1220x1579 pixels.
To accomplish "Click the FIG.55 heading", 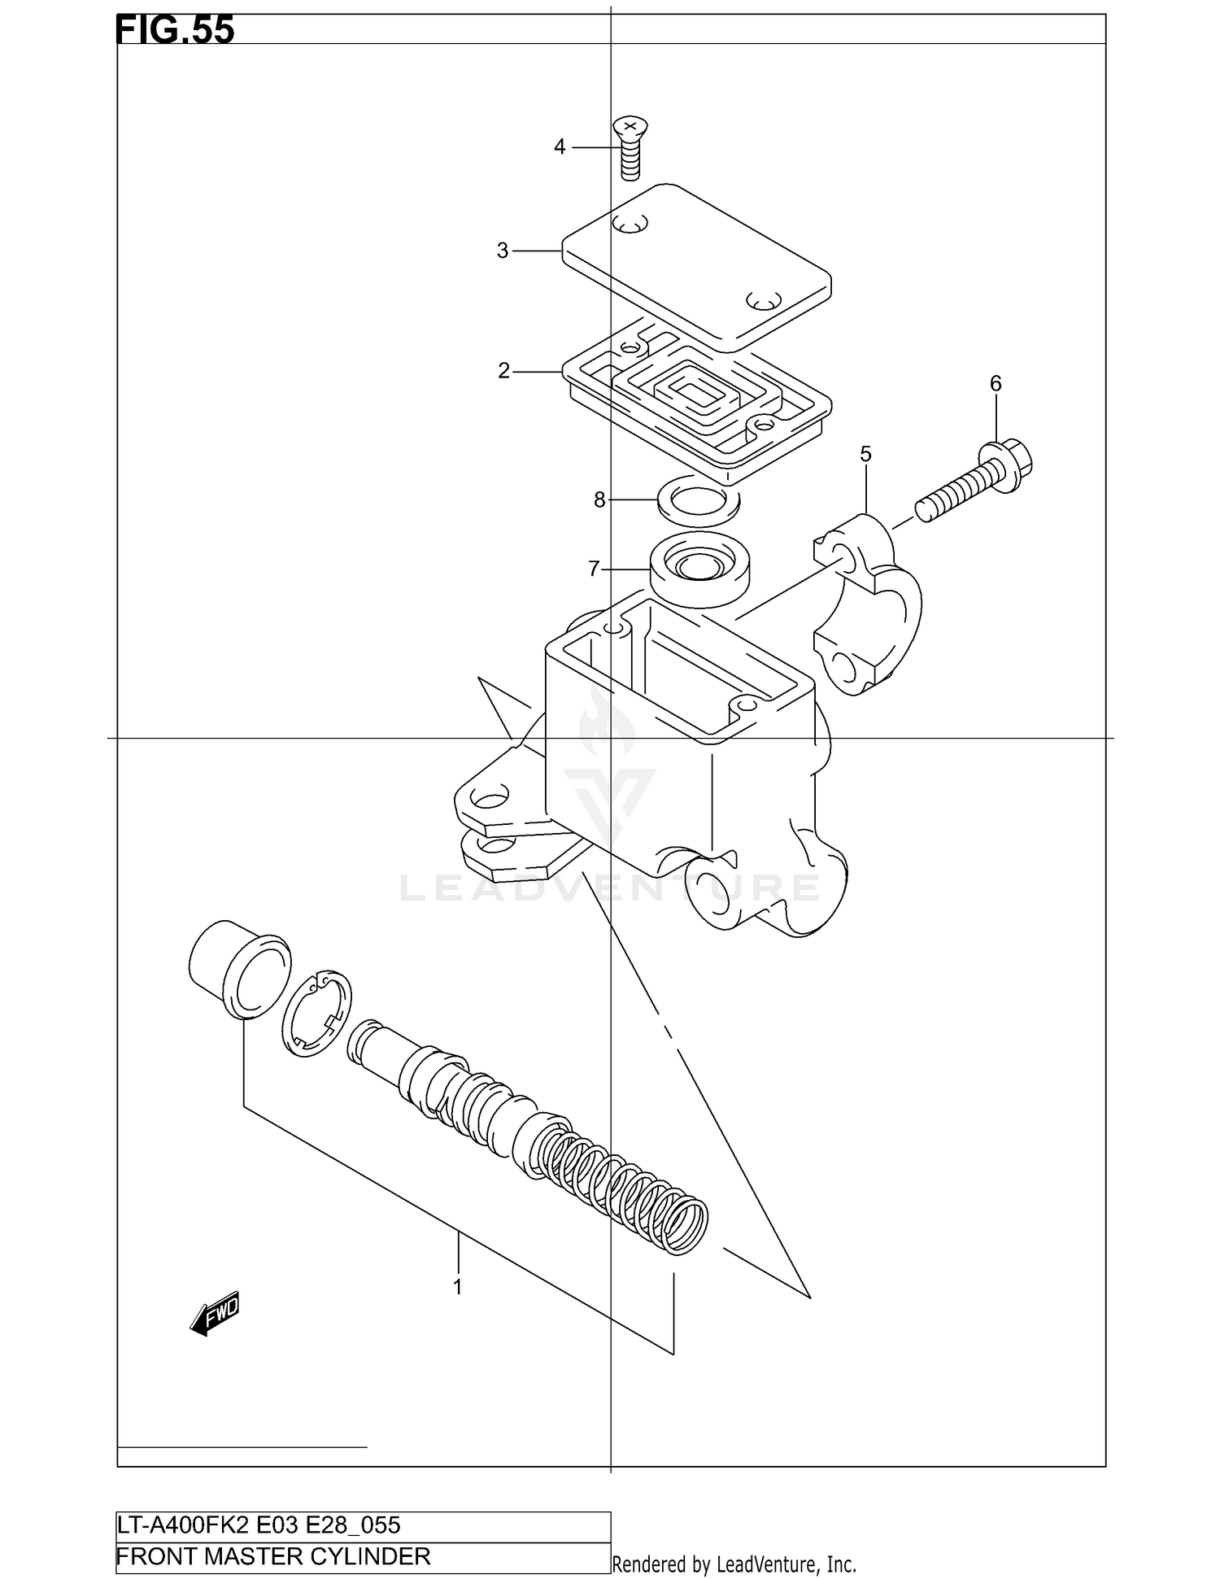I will (175, 30).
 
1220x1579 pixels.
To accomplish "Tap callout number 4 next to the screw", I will (560, 147).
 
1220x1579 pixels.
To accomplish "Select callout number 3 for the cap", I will (503, 251).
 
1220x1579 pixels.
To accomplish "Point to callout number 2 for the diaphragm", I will (503, 372).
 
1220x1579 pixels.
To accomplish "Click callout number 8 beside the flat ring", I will (599, 500).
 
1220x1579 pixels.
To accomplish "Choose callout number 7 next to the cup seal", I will (594, 569).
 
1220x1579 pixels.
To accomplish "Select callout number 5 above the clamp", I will (865, 455).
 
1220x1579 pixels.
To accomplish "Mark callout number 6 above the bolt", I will (996, 384).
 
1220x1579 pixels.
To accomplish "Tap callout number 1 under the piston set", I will (458, 1288).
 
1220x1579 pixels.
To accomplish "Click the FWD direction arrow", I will (215, 1314).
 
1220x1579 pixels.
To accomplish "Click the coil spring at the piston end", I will (626, 1188).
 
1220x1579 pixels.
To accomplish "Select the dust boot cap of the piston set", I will (237, 969).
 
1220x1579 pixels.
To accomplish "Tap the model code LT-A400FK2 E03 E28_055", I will (259, 1525).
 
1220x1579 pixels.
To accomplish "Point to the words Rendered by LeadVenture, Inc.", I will (734, 1564).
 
